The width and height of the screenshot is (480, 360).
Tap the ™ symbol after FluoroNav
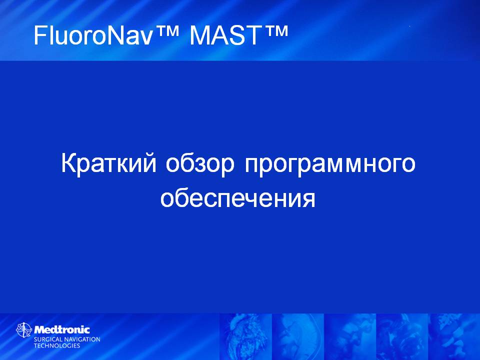[x=166, y=31]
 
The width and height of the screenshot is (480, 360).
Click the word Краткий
[x=109, y=164]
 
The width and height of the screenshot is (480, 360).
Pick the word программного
[x=330, y=165]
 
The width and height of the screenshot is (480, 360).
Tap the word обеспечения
[x=238, y=199]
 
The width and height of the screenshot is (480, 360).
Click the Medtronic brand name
[x=62, y=329]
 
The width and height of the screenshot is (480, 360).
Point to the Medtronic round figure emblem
[x=24, y=330]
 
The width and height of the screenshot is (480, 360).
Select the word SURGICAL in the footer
[x=47, y=339]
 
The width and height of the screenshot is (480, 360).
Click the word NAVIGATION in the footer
[x=81, y=339]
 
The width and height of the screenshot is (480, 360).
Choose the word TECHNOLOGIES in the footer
[x=56, y=345]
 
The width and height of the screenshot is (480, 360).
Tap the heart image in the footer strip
[x=245, y=336]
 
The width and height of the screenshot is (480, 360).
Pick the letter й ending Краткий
[x=150, y=162]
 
